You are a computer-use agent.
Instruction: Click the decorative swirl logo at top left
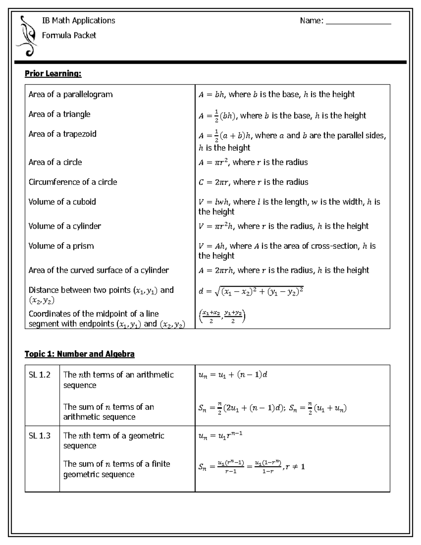point(26,36)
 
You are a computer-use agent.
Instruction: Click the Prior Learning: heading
point(53,74)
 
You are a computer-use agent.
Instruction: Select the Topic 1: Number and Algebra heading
point(80,354)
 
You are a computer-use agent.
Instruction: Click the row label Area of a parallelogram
point(71,94)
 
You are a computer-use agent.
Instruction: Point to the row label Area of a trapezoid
point(62,134)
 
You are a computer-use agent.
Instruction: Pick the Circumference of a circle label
point(73,182)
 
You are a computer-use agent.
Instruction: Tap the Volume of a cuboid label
point(62,202)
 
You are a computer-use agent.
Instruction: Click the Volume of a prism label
point(61,246)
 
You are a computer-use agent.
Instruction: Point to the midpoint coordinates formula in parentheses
point(222,316)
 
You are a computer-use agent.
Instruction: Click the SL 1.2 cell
point(39,375)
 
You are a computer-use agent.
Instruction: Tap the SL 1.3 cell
point(39,436)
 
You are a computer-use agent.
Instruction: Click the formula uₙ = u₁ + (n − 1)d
point(233,375)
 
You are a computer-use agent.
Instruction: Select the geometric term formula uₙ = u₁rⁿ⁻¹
point(220,436)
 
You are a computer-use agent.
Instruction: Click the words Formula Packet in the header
point(69,35)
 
